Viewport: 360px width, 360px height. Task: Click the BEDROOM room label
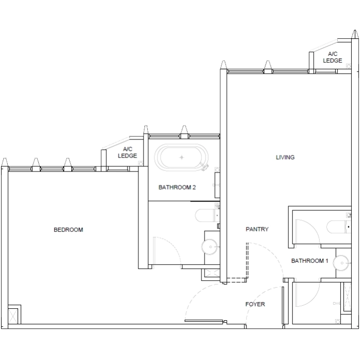click(x=68, y=230)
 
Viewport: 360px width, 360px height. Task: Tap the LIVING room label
click(x=285, y=158)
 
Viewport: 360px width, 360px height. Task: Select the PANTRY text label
click(x=257, y=229)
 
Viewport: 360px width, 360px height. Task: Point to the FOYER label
click(x=255, y=304)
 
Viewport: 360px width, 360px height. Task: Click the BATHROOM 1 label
click(x=310, y=261)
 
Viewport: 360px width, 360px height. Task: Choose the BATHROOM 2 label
click(x=177, y=187)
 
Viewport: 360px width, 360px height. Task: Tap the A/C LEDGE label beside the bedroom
click(x=127, y=152)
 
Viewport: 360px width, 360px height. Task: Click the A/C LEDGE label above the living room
click(x=333, y=57)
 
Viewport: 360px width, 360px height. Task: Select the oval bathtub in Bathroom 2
click(x=181, y=157)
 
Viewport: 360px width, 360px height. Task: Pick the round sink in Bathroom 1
click(x=341, y=263)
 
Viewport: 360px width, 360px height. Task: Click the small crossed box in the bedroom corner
click(x=14, y=315)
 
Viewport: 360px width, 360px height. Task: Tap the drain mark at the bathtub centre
click(x=181, y=156)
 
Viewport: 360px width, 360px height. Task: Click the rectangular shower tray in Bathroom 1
click(x=309, y=227)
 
